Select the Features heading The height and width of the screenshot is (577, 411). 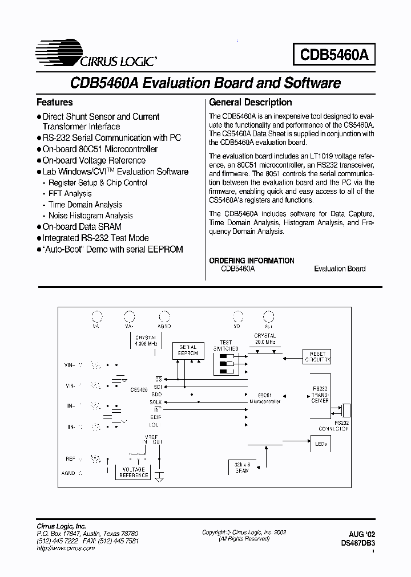[x=55, y=103]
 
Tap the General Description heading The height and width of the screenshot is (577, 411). [x=251, y=103]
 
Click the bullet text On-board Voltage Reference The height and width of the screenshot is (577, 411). [x=94, y=160]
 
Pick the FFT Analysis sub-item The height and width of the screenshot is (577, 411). [x=70, y=194]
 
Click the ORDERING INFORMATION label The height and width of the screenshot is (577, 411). [x=252, y=261]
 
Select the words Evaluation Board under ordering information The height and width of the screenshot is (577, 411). [x=340, y=269]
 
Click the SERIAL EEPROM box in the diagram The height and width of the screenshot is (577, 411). [x=188, y=351]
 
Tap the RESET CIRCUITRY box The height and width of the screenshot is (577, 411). [x=316, y=357]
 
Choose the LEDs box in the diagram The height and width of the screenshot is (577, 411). [x=320, y=443]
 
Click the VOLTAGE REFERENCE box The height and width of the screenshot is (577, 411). [x=134, y=473]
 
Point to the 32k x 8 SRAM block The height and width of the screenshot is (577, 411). [x=242, y=467]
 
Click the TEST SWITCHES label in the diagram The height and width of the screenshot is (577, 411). [x=226, y=345]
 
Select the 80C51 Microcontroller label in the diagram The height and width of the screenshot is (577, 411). [x=264, y=398]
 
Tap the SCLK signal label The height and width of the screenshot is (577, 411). [x=156, y=401]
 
